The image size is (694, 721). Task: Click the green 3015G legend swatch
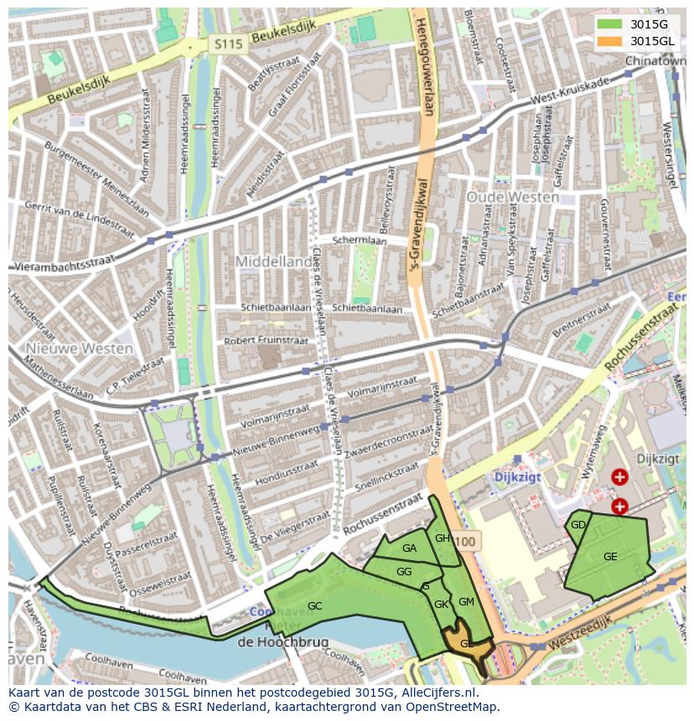tap(610, 24)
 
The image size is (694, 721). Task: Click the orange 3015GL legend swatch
tap(610, 41)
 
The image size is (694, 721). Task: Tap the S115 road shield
tap(225, 44)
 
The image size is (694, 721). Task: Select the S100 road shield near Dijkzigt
tap(466, 542)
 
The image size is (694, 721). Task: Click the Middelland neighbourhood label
tap(272, 261)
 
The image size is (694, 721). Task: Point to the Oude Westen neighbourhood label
tap(512, 198)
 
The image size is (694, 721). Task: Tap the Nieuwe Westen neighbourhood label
tap(79, 348)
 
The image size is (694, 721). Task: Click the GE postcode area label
tap(610, 557)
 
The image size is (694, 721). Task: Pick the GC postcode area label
tap(314, 605)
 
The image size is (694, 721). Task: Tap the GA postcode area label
tap(409, 548)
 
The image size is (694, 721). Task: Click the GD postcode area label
tap(577, 525)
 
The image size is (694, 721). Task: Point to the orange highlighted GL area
tap(463, 641)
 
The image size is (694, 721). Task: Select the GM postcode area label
tap(466, 602)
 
